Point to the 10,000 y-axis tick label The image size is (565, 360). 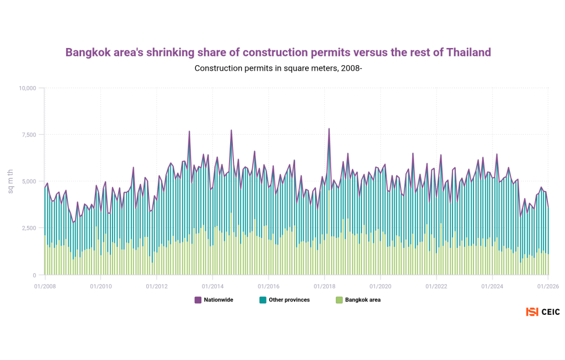tap(27, 88)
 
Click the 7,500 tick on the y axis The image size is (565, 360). tap(29, 135)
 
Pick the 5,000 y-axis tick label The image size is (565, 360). tap(29, 182)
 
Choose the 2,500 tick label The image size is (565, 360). tap(29, 228)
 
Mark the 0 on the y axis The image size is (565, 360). tap(34, 275)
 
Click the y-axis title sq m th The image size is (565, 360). tap(10, 181)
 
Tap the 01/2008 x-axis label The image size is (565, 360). tap(45, 286)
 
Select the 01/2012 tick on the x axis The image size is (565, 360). tap(157, 286)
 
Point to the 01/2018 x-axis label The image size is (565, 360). tap(324, 286)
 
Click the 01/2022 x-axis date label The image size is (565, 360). tap(436, 286)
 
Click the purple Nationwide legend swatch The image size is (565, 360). tap(198, 300)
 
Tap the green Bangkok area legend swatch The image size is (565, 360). tap(339, 300)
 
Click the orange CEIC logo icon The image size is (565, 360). tap(532, 312)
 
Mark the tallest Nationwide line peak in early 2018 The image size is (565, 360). tap(329, 129)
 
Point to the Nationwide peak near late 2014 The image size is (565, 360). tap(231, 130)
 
